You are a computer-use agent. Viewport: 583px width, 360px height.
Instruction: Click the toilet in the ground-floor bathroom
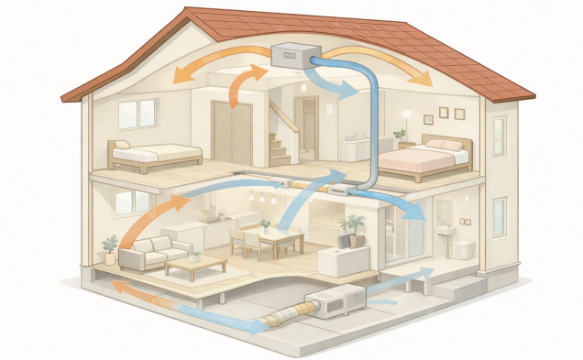click(x=465, y=247)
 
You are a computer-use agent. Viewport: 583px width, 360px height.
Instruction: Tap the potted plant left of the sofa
click(x=111, y=248)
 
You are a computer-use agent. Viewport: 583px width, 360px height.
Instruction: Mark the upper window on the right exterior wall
click(x=499, y=136)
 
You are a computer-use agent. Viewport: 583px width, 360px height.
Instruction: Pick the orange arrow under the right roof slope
click(x=390, y=62)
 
